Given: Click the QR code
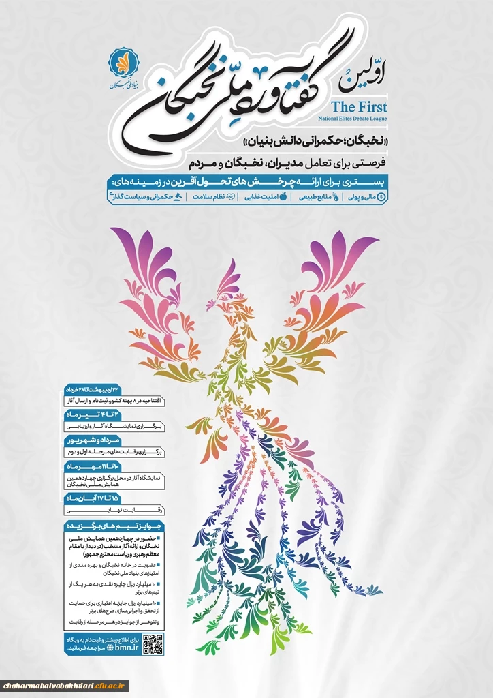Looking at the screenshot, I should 152,643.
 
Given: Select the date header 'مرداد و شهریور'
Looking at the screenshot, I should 89,441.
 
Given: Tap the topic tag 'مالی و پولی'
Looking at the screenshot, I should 364,196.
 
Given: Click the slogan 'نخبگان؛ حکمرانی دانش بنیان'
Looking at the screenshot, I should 315,142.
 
